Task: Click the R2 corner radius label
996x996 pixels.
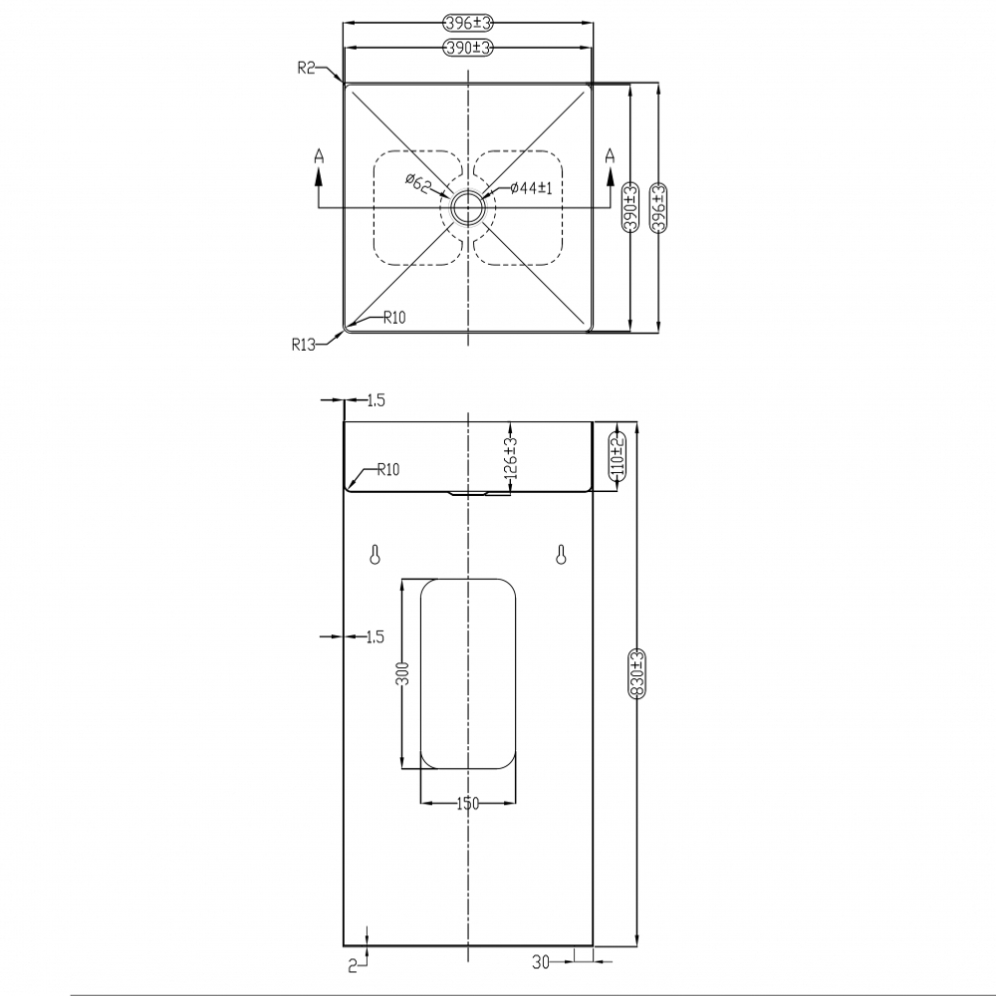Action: point(306,67)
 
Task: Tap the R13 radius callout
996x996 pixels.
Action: point(304,345)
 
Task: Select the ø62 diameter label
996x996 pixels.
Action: point(419,182)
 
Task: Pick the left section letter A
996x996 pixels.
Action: point(320,155)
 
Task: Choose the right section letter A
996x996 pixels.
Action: point(610,155)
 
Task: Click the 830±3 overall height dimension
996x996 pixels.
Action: point(637,673)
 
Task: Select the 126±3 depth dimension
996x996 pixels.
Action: point(512,457)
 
